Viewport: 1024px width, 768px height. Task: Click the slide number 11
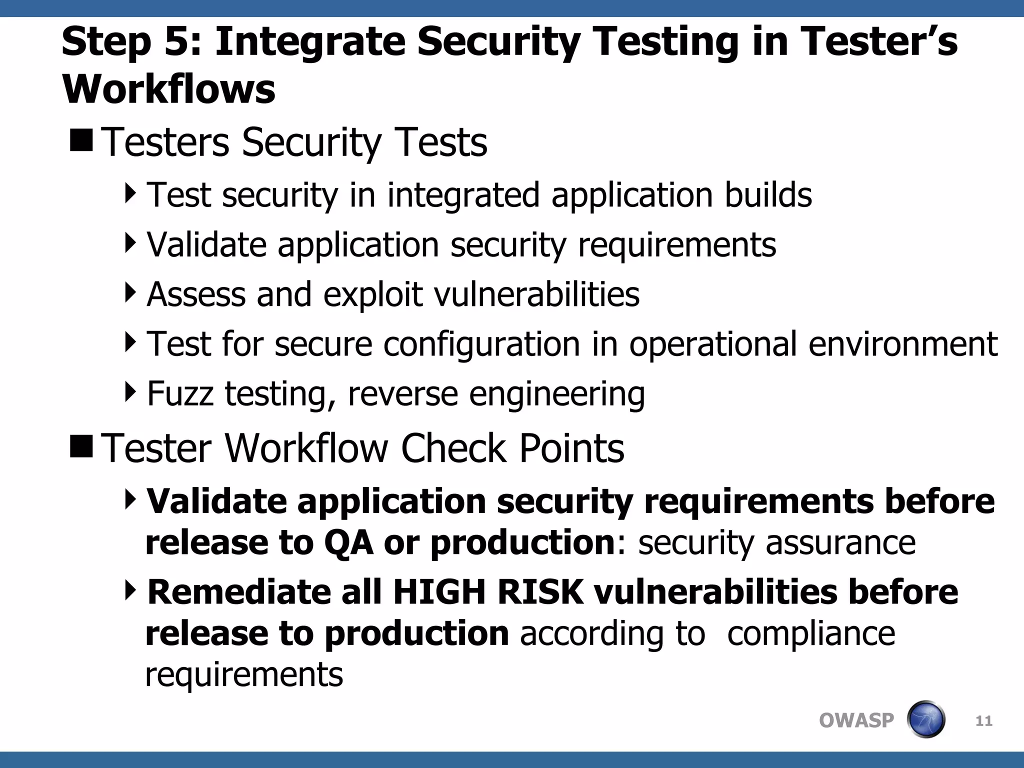(983, 721)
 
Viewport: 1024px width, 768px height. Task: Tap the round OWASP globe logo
(925, 720)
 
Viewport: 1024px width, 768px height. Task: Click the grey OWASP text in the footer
(856, 720)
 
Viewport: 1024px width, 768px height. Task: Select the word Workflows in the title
(168, 89)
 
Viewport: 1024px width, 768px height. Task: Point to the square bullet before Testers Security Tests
(81, 140)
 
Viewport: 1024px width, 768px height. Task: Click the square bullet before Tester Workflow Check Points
(81, 446)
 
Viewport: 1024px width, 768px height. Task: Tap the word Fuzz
(180, 394)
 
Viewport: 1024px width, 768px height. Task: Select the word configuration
(481, 344)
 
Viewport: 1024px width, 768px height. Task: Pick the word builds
(768, 195)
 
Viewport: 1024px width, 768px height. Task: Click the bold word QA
(348, 542)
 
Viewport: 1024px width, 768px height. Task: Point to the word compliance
(810, 634)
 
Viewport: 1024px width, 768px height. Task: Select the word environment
(902, 344)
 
